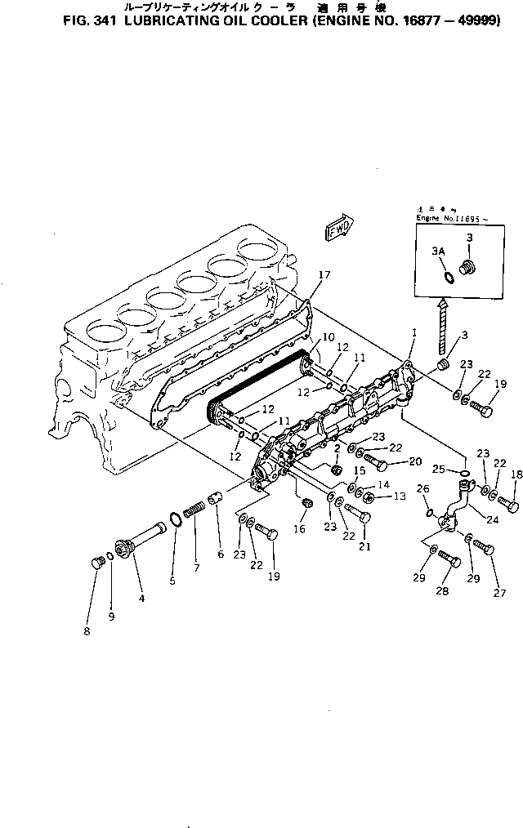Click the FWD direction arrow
(337, 228)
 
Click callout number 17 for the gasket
(324, 275)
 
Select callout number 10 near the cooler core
(328, 336)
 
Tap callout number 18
(516, 474)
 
